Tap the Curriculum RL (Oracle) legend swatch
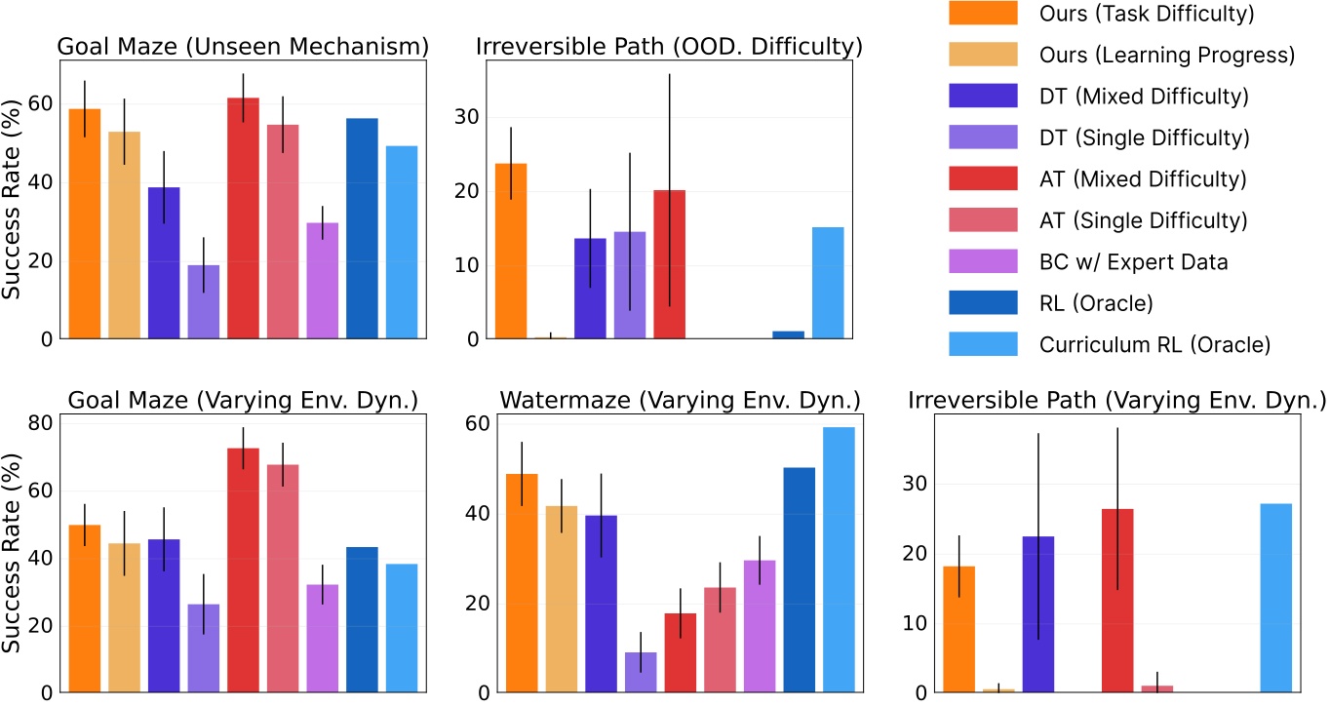click(982, 344)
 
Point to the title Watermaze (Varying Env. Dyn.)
click(679, 400)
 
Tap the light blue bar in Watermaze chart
click(839, 560)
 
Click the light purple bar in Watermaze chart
click(641, 672)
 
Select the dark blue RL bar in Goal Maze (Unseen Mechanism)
click(362, 228)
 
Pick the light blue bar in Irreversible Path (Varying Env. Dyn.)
click(1276, 598)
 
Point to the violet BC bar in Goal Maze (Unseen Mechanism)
click(323, 281)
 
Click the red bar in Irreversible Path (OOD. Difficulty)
click(669, 264)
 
